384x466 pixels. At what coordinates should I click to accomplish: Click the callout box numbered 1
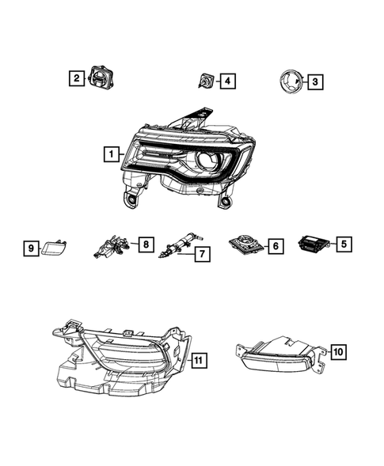click(112, 155)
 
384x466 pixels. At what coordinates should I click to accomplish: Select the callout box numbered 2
click(75, 78)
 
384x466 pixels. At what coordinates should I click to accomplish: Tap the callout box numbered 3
click(314, 81)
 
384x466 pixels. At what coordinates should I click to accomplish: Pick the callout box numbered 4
click(227, 80)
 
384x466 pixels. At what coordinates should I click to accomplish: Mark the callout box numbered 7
click(203, 254)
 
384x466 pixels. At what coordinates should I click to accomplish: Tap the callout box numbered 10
click(337, 351)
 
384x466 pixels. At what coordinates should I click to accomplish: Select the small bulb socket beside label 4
click(205, 80)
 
